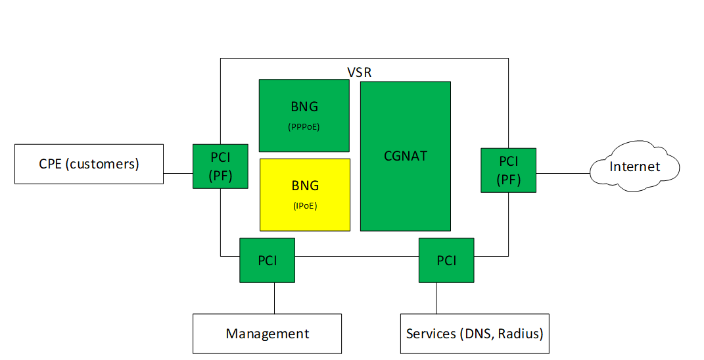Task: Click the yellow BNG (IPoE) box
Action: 305,195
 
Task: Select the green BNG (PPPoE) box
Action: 304,116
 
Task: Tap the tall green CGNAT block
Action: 406,156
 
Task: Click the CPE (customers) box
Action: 89,164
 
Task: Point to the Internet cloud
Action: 634,167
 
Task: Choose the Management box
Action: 267,334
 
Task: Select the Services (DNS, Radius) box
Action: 475,334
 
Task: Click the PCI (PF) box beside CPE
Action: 220,167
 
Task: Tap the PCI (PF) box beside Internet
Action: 508,170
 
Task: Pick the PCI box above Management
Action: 267,260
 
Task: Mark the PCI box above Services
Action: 446,260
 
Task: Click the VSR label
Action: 359,72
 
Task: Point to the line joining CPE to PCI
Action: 178,173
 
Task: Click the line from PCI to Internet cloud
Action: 563,173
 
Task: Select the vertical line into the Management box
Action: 274,298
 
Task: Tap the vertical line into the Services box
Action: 436,298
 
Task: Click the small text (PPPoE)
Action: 304,127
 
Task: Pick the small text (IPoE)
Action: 305,206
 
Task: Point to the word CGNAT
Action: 406,156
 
